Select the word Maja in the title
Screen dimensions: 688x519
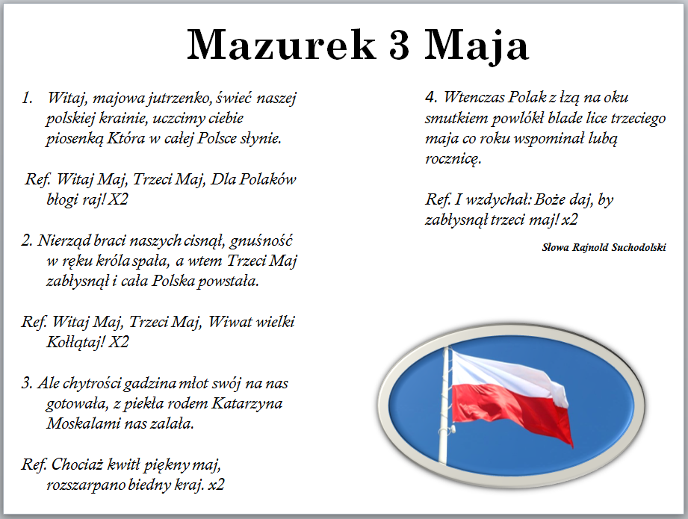pyautogui.click(x=476, y=46)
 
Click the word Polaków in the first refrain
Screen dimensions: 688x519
pyautogui.click(x=268, y=179)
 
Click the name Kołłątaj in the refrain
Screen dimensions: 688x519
pyautogui.click(x=75, y=342)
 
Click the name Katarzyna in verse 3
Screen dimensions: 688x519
pyautogui.click(x=247, y=403)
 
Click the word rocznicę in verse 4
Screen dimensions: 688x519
pyautogui.click(x=453, y=159)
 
